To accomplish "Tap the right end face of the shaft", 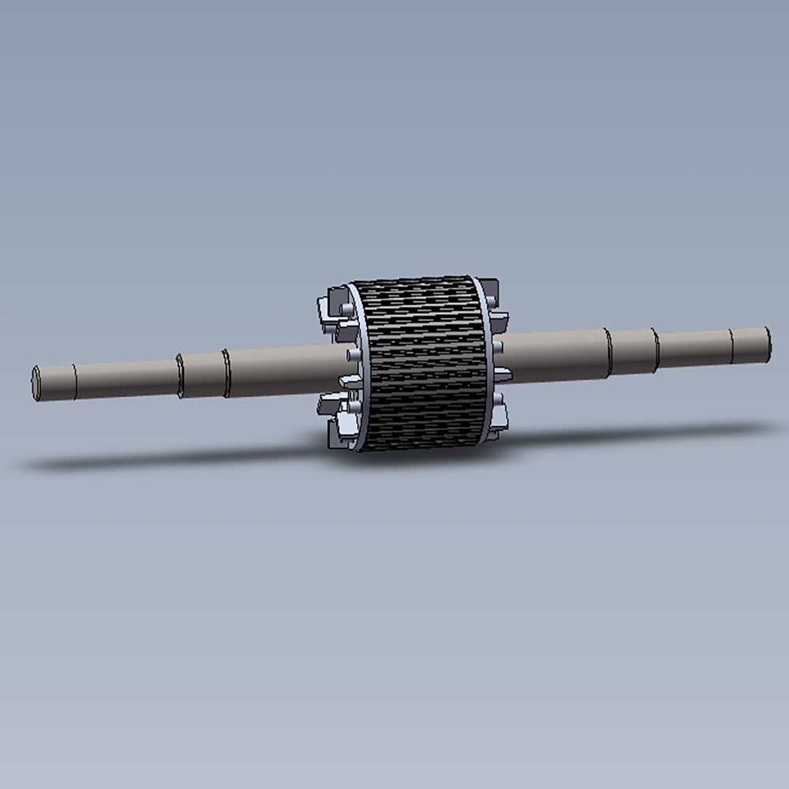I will click(x=766, y=341).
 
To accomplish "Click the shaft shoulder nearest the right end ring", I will click(x=608, y=352).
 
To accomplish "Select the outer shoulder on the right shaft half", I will click(x=655, y=349).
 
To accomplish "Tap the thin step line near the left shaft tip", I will click(x=75, y=380).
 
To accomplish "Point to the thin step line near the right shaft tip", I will click(x=731, y=343).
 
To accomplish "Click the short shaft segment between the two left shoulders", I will click(x=203, y=374).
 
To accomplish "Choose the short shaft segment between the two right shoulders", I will click(x=631, y=351).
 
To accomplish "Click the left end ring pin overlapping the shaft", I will click(x=348, y=354).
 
